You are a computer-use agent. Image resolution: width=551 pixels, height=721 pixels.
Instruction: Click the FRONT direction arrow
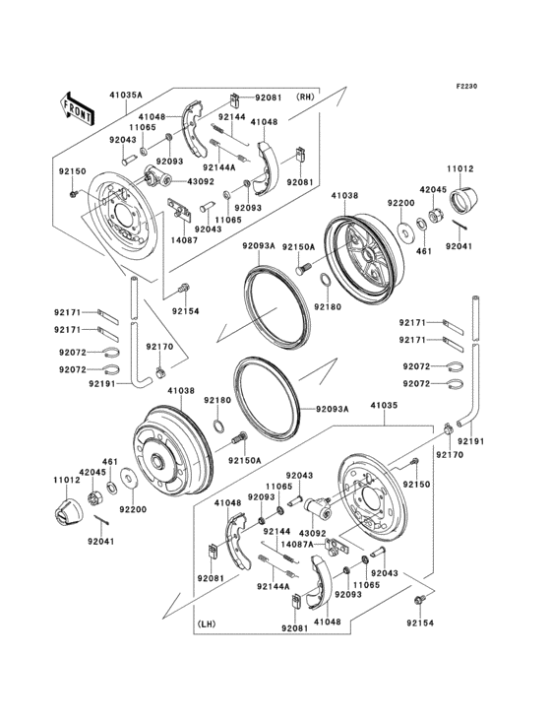tap(78, 107)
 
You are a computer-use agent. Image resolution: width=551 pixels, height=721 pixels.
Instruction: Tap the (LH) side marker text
tap(206, 623)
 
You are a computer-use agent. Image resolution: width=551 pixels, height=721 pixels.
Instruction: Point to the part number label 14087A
tap(297, 543)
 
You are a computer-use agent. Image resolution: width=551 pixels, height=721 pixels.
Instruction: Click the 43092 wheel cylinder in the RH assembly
tap(154, 177)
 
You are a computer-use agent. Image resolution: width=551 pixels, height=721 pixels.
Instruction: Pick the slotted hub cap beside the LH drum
tap(64, 510)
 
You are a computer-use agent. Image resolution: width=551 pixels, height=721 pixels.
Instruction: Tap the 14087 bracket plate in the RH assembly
tap(179, 209)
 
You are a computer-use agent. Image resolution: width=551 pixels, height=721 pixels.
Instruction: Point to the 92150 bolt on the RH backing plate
tap(75, 193)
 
